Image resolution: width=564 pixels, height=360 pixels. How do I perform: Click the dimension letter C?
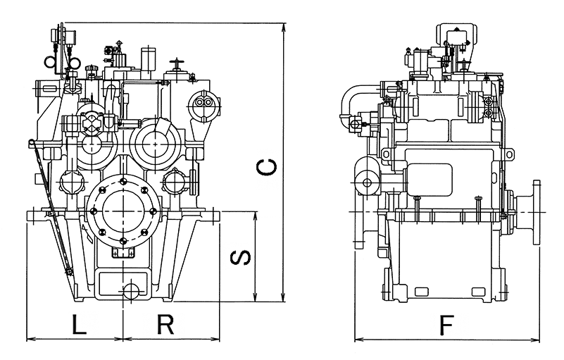[x=265, y=168]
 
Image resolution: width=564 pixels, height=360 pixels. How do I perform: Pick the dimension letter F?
[x=446, y=325]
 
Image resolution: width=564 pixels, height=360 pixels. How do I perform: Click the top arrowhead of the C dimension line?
[x=283, y=27]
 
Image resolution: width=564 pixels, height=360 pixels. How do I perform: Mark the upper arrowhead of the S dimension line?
[x=255, y=214]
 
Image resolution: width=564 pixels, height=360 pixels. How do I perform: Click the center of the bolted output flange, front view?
[x=123, y=211]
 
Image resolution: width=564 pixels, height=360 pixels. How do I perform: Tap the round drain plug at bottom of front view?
[x=131, y=291]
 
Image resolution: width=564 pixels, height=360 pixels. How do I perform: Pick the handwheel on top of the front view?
[x=177, y=65]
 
